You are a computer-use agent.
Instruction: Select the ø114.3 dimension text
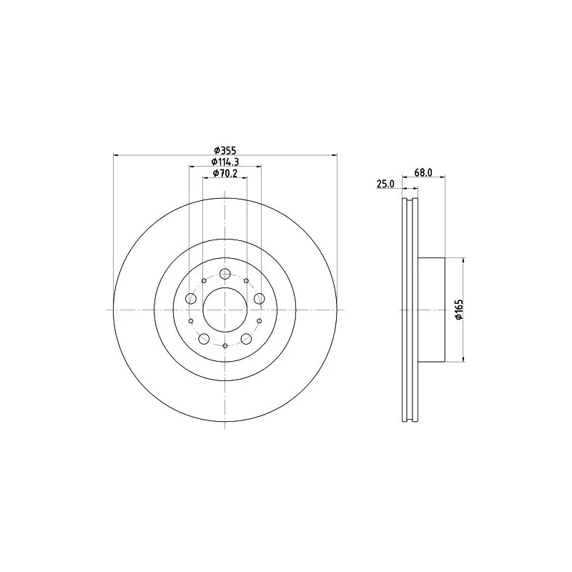coord(225,162)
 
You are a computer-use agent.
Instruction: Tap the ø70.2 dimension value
coord(225,174)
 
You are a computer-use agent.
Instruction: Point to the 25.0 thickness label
coord(385,184)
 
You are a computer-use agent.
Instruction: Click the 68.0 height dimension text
coord(424,173)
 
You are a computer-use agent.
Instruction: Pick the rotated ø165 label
coord(458,310)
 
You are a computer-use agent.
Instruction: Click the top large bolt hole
coord(225,274)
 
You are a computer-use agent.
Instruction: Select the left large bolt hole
coord(191,298)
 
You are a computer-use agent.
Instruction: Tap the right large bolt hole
coord(260,298)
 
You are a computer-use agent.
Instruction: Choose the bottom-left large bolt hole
coord(204,338)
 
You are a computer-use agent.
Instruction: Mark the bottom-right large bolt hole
coord(246,338)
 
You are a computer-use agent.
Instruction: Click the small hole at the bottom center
coord(225,346)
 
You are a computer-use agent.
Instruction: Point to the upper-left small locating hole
coord(204,280)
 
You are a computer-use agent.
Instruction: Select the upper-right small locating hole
coord(247,280)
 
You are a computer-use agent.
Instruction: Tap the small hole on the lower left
coord(191,321)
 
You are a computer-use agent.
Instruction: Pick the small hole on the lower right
coord(260,321)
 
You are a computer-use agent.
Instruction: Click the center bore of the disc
coord(225,310)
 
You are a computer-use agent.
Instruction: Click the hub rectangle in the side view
coord(431,310)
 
